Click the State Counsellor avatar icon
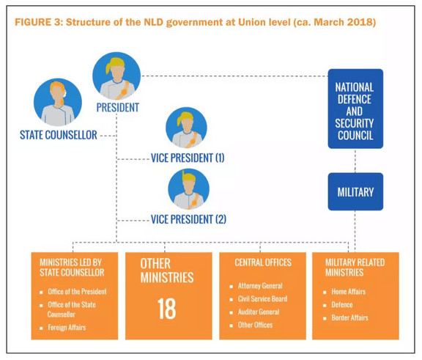58,103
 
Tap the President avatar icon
116,76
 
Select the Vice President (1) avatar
186,128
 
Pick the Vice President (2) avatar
189,189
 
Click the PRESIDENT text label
118,108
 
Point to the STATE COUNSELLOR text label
59,135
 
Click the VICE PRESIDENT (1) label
188,158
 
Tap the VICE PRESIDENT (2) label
188,219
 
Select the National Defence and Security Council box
355,109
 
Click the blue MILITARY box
355,191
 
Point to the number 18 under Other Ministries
167,309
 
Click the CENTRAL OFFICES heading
263,262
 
